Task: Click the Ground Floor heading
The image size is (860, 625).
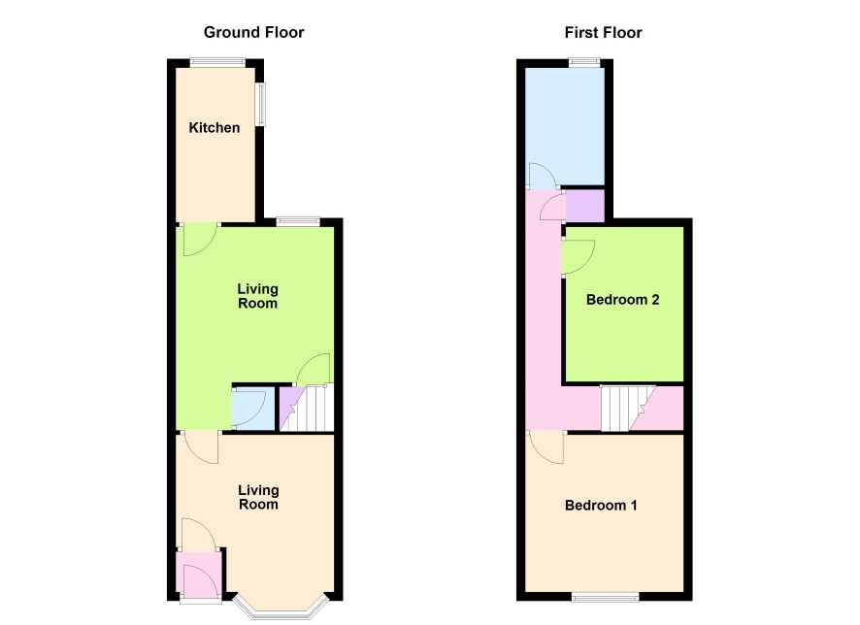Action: click(253, 32)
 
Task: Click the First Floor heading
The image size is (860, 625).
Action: click(603, 32)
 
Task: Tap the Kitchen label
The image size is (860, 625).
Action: click(214, 128)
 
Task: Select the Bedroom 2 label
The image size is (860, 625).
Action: click(622, 299)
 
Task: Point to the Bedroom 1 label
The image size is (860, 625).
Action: click(601, 505)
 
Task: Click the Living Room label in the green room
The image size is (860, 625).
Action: click(258, 296)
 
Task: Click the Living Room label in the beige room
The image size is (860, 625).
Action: click(258, 497)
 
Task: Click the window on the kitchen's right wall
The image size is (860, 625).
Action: click(261, 104)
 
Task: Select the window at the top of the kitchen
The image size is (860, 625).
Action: click(217, 63)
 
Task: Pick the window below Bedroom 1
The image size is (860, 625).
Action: click(606, 597)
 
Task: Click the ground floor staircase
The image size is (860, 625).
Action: click(307, 409)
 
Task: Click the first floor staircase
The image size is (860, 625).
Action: click(628, 409)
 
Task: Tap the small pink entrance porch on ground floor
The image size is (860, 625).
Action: click(199, 574)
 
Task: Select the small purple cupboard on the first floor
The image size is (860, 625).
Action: click(584, 206)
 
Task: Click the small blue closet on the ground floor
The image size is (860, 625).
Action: click(253, 409)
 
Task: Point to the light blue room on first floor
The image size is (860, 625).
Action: click(565, 127)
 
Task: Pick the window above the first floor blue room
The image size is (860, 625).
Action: click(584, 63)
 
